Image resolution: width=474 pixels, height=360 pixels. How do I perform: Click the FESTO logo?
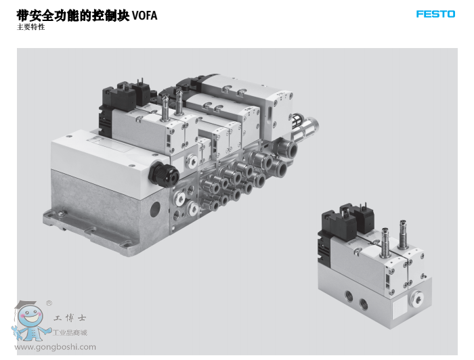pos(435,14)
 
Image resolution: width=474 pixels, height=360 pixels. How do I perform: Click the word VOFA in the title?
pos(144,16)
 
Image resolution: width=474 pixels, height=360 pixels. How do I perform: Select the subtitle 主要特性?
pos(31,27)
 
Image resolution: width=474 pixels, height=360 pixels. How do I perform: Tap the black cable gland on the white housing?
pos(163,175)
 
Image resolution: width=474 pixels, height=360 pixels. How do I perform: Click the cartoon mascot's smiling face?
pos(30,317)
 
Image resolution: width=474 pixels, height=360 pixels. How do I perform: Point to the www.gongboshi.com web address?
pos(55,346)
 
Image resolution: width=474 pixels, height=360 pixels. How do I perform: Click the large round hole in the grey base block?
pos(155,209)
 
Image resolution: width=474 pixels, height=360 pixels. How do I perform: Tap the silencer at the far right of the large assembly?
pos(305,127)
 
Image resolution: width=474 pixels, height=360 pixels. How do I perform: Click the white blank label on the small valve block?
pos(400,309)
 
